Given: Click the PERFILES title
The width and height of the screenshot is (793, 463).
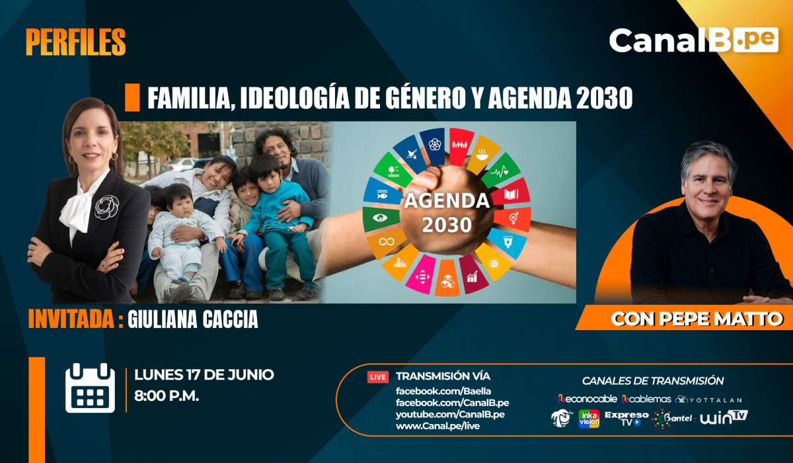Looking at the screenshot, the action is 76,42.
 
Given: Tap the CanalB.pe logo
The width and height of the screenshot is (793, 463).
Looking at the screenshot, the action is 694,40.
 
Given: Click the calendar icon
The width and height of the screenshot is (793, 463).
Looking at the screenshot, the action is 90,388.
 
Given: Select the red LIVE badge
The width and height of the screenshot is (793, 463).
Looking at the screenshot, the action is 378,377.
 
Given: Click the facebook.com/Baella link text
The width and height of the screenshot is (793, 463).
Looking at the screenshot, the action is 443,391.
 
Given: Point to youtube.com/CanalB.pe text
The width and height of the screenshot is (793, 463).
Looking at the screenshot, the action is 450,415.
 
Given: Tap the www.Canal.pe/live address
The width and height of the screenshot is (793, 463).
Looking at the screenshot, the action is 437,426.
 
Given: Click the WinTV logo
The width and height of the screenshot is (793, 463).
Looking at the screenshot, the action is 724,418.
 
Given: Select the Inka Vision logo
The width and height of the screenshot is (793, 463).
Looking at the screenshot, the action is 589,419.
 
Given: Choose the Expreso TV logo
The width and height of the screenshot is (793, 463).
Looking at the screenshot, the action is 626,419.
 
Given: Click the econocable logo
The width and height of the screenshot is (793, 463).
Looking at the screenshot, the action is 587,400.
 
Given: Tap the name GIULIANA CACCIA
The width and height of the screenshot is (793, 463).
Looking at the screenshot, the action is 192,319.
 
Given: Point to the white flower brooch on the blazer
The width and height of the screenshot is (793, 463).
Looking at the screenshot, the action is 106,207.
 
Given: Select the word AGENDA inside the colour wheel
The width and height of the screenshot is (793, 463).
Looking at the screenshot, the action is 447,200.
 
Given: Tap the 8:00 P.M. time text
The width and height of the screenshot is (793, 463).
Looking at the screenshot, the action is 167,396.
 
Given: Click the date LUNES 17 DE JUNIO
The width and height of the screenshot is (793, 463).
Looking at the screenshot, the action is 204,375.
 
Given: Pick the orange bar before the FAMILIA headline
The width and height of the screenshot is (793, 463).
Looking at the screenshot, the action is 132,97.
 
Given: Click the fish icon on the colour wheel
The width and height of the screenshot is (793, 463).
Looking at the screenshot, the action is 383,194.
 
